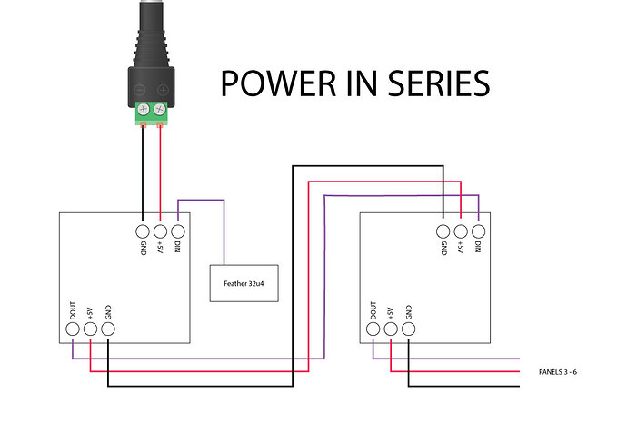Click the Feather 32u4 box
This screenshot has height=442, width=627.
244,283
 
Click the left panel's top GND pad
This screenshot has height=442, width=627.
143,231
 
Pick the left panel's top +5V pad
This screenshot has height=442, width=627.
160,231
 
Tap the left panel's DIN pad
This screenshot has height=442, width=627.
178,231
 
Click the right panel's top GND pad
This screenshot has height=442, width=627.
443,231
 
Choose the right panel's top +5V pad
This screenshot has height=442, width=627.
461,231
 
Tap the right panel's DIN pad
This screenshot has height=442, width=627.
478,231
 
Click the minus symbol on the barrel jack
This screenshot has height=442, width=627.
140,90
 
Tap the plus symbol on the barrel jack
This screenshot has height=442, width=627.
164,90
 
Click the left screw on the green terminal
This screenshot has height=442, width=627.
144,112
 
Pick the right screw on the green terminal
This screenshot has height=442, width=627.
160,112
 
